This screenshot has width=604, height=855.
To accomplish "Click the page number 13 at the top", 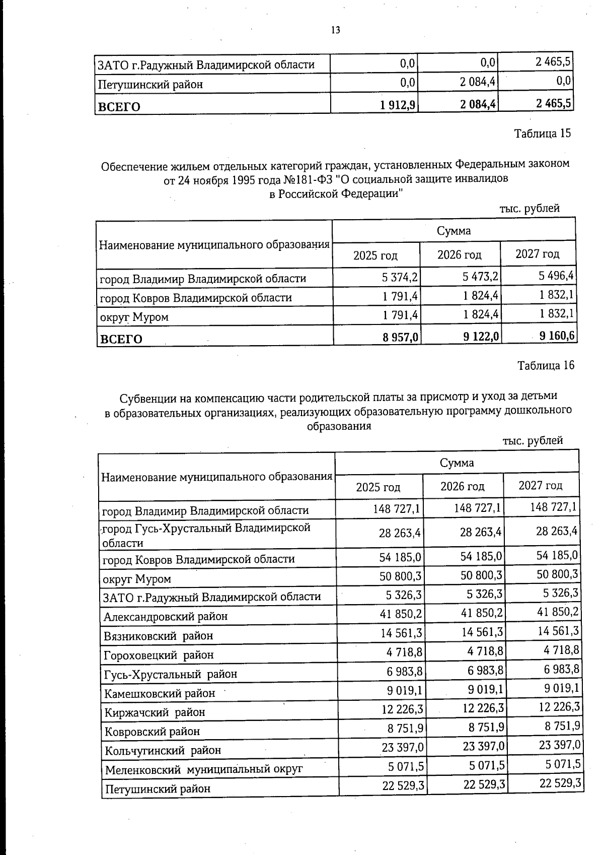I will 335,30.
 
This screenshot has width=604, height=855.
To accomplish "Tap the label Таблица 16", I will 546,365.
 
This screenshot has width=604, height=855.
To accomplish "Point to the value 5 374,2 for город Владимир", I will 400,277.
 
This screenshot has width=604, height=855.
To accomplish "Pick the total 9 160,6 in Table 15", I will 558,336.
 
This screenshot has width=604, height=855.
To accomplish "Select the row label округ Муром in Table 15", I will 134,317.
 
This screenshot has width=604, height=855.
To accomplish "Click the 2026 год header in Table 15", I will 459,255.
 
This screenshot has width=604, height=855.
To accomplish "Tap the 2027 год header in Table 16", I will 541,485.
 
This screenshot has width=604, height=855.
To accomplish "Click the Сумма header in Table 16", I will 457,463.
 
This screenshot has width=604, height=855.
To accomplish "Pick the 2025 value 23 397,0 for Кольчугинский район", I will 403,747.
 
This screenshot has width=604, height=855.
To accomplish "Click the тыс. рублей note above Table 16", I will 533,441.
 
